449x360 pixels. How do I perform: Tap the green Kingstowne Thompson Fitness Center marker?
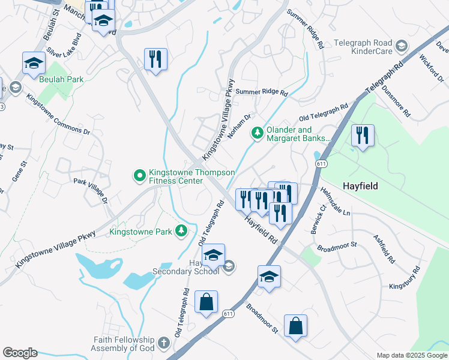point(139,176)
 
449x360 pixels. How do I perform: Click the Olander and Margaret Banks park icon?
point(258,132)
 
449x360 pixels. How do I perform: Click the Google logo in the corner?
point(20,353)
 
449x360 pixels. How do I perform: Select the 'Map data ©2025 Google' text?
point(412,355)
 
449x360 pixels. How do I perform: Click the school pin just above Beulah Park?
point(34,64)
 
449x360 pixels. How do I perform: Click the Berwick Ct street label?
point(318,221)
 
